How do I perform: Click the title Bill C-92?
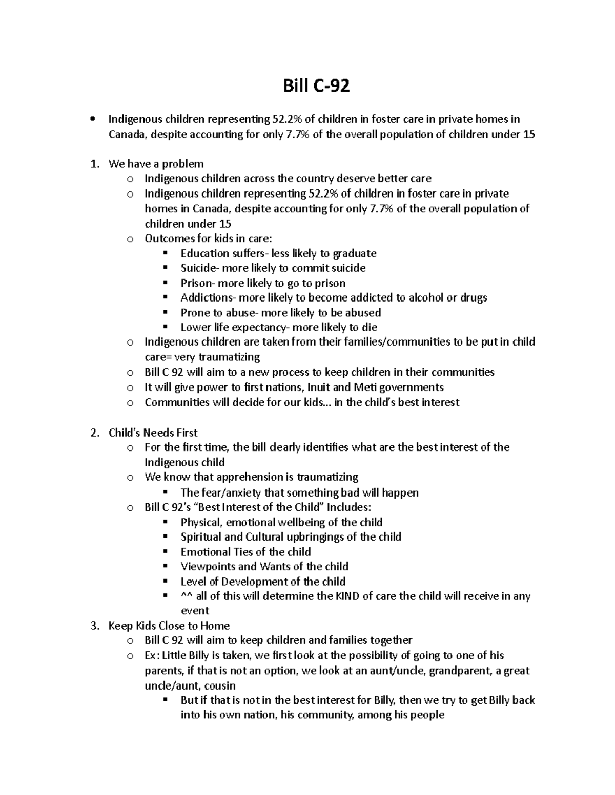click(316, 86)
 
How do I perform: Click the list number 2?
click(94, 433)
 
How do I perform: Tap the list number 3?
click(94, 626)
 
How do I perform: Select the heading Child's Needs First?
click(153, 433)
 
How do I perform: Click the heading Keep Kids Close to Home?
click(169, 626)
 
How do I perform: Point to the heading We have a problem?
click(156, 164)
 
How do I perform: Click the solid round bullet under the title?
click(92, 120)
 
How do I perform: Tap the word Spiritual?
click(201, 537)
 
